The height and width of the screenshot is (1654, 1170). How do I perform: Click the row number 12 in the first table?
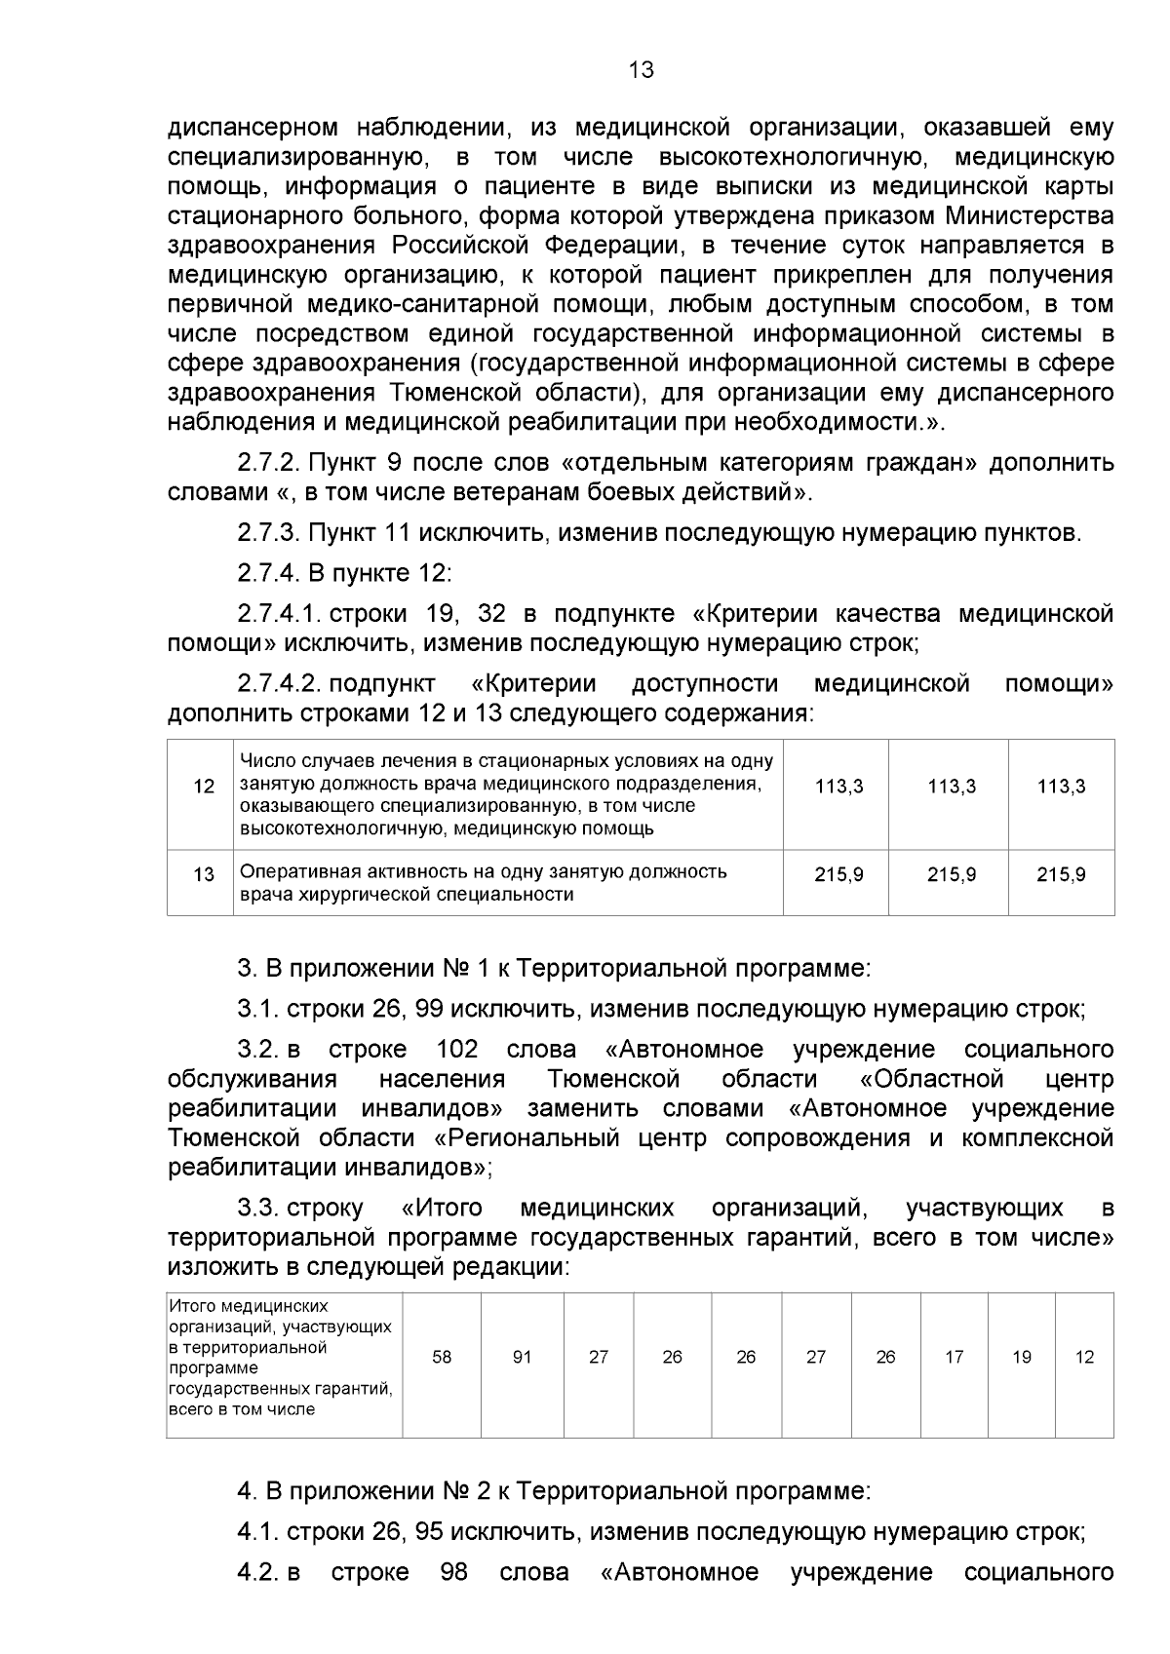pos(204,787)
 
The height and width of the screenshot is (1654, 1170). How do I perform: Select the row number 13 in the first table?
pos(204,874)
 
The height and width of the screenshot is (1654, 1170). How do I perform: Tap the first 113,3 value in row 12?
pos(838,787)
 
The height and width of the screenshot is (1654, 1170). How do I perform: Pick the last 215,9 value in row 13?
pos(1061,874)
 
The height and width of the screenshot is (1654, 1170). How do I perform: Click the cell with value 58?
pos(442,1357)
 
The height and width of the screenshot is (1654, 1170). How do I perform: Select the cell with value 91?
pos(522,1357)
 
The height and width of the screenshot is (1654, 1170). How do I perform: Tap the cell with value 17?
pos(954,1357)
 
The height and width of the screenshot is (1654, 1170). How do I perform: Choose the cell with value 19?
pos(1021,1357)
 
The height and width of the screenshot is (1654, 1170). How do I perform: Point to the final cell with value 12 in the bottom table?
pos(1084,1357)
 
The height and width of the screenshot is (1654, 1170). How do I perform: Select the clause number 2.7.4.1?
pos(280,614)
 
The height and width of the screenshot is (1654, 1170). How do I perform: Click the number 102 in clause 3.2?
pos(457,1050)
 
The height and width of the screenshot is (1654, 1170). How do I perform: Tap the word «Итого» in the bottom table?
pos(193,1306)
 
